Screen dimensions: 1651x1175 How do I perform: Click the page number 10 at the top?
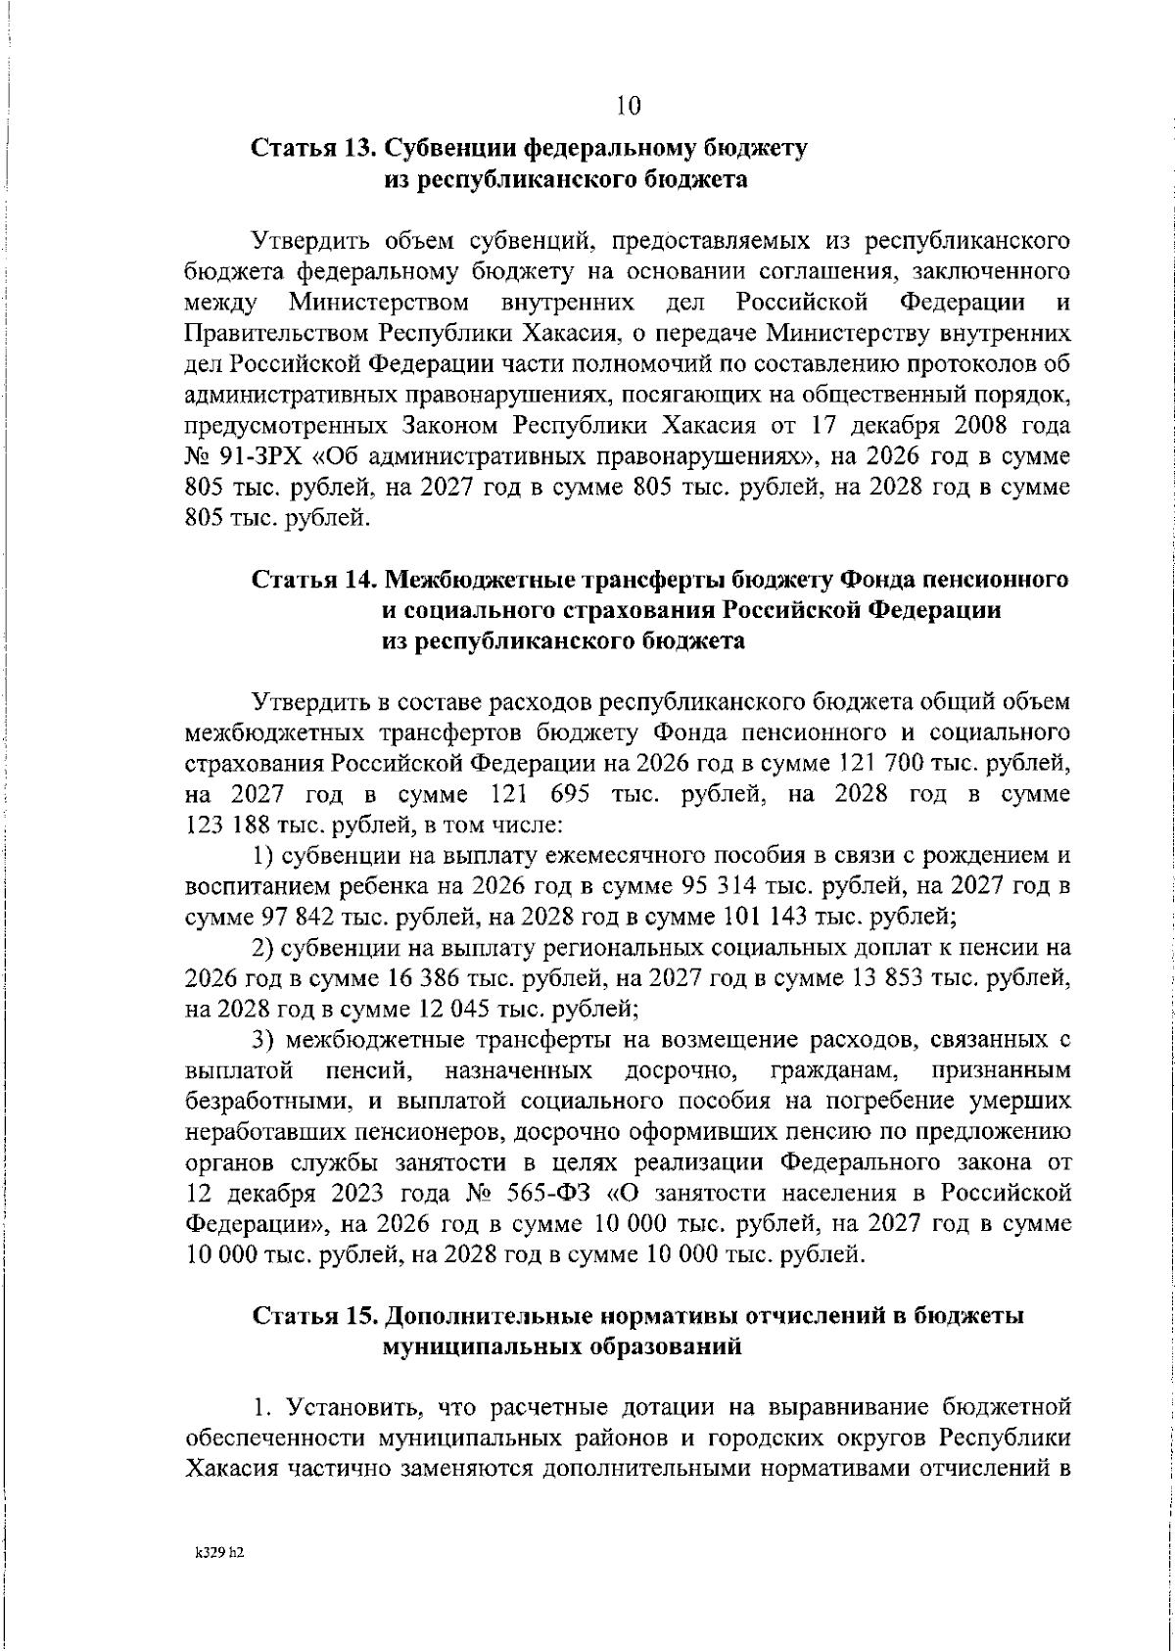click(629, 105)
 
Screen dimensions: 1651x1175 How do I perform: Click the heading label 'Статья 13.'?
click(311, 149)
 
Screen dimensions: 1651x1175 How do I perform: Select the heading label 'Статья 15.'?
click(311, 1316)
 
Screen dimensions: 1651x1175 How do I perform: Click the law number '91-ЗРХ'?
click(262, 457)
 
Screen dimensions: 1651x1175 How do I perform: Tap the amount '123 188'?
click(217, 825)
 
